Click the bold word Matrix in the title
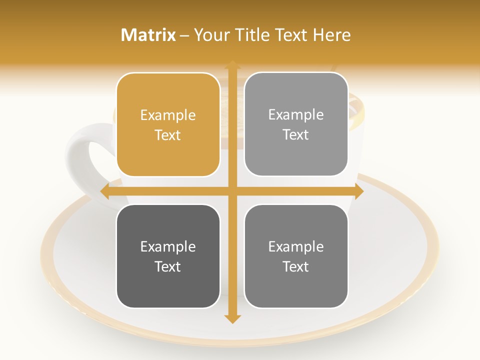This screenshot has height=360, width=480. (148, 35)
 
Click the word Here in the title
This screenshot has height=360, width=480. (331, 35)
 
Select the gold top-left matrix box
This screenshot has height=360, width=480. (168, 125)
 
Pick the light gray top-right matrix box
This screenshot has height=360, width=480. (296, 124)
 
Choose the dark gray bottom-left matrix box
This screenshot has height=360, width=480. (168, 256)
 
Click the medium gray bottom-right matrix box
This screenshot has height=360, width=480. (296, 256)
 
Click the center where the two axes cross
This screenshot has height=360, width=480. (232, 191)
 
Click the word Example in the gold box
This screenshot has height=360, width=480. (168, 115)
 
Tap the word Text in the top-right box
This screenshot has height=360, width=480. (296, 135)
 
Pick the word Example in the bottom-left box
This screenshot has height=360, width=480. (168, 247)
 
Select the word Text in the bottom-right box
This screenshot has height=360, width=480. (296, 266)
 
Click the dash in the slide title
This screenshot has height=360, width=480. (184, 35)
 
